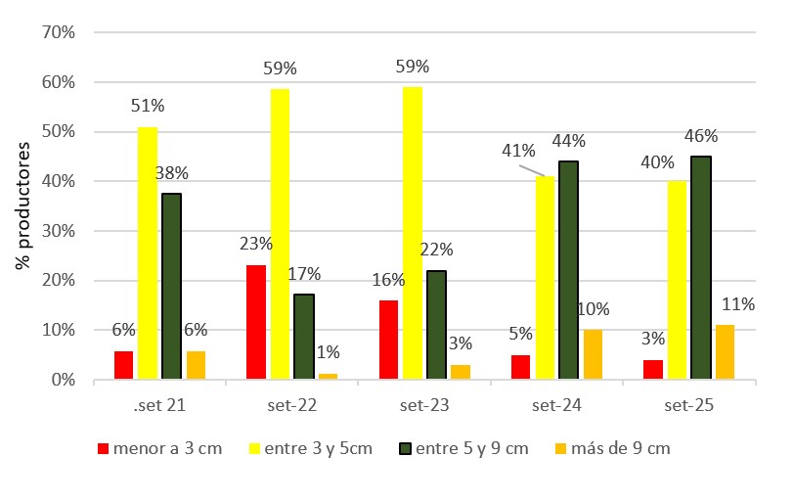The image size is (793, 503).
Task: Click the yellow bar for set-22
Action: (x=280, y=233)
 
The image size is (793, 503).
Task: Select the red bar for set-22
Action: (x=255, y=321)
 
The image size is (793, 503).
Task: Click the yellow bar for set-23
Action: (x=412, y=232)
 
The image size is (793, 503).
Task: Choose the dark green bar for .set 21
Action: (x=171, y=285)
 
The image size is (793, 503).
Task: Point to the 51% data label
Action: (x=147, y=106)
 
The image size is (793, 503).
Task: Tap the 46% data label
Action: (x=701, y=136)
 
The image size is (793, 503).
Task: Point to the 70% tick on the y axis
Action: (x=57, y=32)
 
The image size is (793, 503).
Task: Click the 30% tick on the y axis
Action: (x=57, y=231)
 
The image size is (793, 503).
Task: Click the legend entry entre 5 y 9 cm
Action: (x=463, y=448)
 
